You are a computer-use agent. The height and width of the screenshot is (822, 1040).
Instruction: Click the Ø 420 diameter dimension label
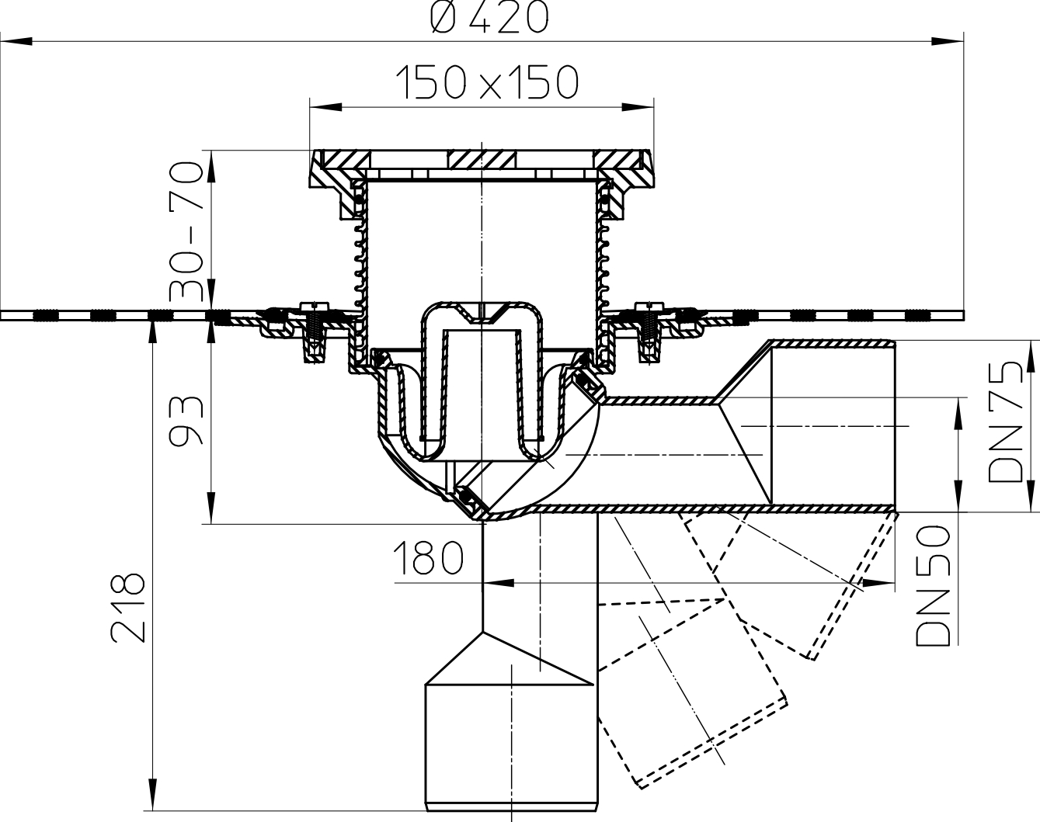coord(489,19)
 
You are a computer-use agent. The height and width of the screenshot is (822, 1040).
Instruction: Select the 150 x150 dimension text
coord(487,82)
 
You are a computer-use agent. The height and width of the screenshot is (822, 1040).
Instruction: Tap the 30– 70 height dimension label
coord(186,230)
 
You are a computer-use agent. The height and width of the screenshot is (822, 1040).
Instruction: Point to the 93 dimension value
coord(186,420)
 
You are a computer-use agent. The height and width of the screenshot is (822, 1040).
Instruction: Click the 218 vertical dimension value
coord(128,608)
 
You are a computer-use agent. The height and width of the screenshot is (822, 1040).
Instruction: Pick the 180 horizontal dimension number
coord(428,558)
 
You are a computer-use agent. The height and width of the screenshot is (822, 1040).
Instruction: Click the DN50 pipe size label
coord(933,586)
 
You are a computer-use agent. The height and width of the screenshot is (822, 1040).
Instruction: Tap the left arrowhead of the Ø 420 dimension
coord(16,42)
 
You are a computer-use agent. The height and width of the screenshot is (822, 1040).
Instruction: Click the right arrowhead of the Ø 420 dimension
coord(948,42)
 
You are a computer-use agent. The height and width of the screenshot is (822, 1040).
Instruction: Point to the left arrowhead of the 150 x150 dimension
coord(325,107)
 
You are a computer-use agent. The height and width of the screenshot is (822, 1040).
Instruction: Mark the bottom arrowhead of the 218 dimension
coord(153,795)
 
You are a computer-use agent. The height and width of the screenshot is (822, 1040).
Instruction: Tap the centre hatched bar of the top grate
coord(482,159)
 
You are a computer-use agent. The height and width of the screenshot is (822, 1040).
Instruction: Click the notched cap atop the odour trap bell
coord(482,311)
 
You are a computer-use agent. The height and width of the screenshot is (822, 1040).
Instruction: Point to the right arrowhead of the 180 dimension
coord(878,584)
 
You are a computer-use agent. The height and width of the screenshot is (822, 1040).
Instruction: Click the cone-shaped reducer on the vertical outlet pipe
coord(510,659)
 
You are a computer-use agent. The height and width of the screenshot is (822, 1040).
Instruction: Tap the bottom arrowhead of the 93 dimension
coord(212,508)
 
